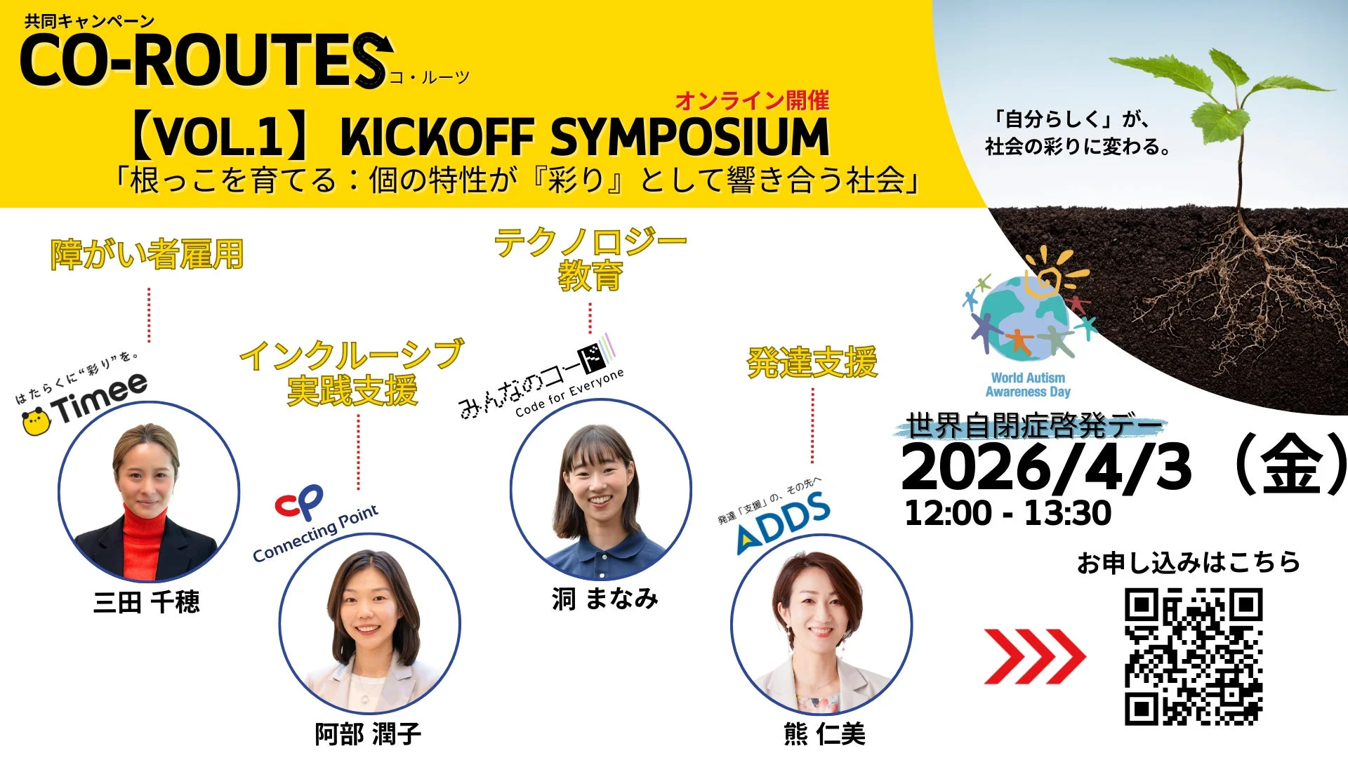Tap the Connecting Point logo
tap(316, 524)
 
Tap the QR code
tap(1194, 657)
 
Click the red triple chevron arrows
tap(1035, 657)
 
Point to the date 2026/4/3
tap(1046, 467)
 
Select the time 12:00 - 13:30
tap(1008, 513)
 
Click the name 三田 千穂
tap(147, 602)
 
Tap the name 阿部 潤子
tap(368, 734)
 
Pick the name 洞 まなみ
tap(604, 598)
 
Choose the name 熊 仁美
tap(824, 734)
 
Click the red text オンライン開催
tap(752, 101)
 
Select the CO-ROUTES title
tap(206, 60)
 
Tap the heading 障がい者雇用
tap(147, 254)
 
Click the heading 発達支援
tap(812, 363)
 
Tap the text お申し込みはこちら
tap(1189, 563)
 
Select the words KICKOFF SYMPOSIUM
tap(585, 136)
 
